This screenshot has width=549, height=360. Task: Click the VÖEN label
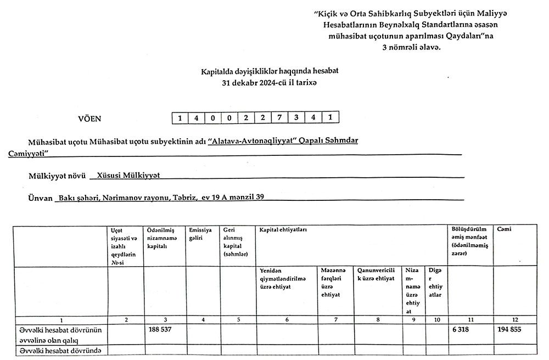(91, 118)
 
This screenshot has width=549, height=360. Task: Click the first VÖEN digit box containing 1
(180, 117)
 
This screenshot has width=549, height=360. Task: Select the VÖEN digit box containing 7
(280, 117)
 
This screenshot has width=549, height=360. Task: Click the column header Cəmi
(503, 229)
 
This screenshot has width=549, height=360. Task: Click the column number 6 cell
(287, 319)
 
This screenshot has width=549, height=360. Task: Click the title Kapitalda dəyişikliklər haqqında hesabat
(270, 72)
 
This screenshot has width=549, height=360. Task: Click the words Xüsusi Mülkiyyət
(128, 176)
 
